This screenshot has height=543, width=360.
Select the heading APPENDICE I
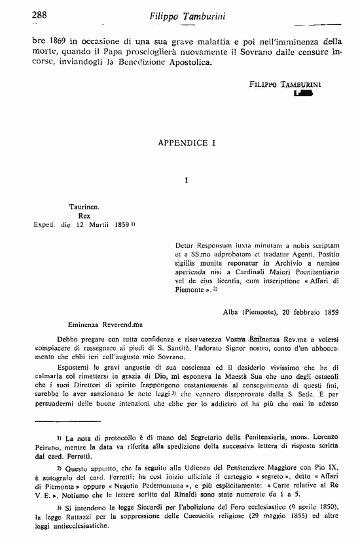187,141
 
